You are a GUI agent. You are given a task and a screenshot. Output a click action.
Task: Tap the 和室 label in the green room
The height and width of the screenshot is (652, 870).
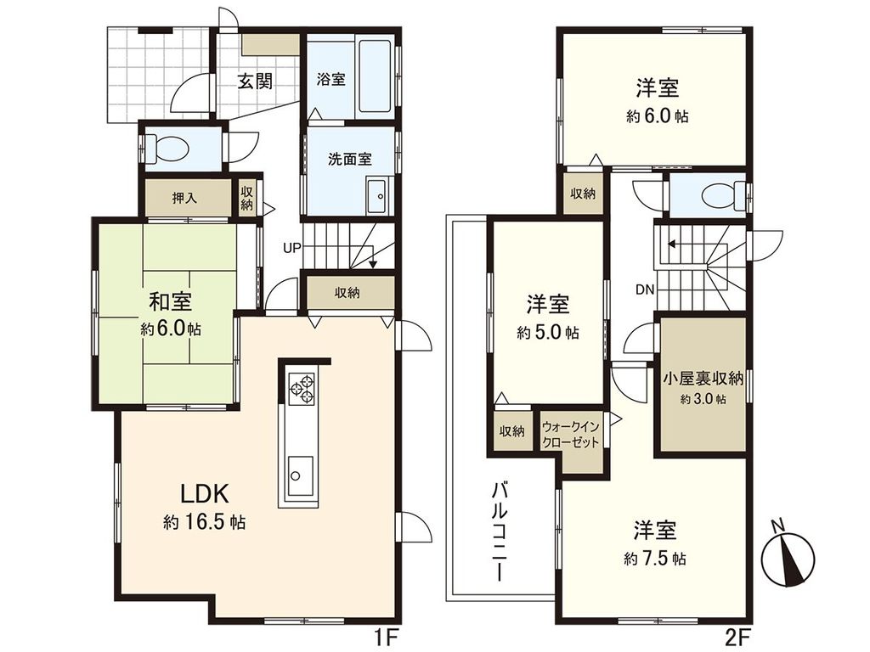170,301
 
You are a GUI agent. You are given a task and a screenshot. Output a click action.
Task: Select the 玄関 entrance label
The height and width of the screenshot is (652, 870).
254,81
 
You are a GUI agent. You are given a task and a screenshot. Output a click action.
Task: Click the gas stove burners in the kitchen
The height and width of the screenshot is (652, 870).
301,389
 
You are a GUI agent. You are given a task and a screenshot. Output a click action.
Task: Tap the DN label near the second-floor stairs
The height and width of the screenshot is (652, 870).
644,289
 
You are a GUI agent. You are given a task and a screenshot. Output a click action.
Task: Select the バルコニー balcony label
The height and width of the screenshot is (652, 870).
500,531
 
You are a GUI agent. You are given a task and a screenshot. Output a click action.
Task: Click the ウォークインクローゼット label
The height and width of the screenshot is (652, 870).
570,434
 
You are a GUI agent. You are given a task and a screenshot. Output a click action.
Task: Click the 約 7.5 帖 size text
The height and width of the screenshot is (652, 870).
654,559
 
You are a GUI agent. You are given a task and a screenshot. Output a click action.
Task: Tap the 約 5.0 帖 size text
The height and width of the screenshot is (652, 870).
548,334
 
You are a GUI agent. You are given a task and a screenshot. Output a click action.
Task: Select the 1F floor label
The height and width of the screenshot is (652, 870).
384,635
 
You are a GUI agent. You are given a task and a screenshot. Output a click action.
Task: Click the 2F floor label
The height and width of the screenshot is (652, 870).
737,635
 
